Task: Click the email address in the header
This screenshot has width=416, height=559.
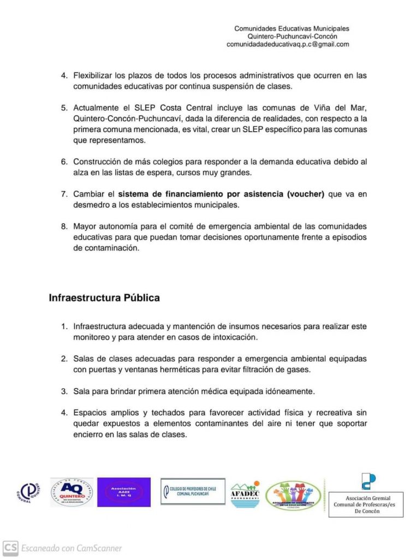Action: (x=288, y=44)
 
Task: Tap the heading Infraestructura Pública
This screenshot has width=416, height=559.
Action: (x=104, y=298)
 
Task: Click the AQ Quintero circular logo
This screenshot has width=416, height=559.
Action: (x=72, y=492)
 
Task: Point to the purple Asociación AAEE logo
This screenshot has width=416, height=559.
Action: (x=124, y=492)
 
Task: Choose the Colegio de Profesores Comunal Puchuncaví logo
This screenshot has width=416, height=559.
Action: (x=192, y=491)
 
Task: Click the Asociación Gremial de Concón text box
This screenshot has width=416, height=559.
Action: (x=366, y=504)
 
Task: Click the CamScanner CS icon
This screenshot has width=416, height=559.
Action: (x=10, y=548)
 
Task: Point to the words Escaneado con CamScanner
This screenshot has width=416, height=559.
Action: (x=72, y=548)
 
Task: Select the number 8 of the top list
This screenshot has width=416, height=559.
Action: (x=63, y=226)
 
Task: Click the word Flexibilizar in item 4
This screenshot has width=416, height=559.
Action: (x=93, y=75)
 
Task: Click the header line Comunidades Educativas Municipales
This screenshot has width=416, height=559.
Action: (x=292, y=28)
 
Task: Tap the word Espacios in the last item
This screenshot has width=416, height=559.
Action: (x=90, y=412)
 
